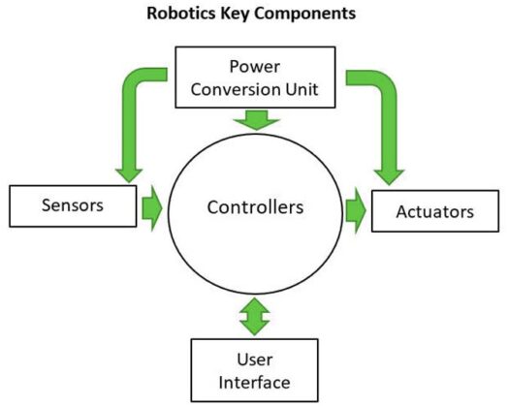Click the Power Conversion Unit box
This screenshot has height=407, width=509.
tap(255, 78)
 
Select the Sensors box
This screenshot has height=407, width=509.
tap(72, 205)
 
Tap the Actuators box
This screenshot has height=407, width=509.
tap(434, 211)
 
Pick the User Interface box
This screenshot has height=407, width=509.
tap(255, 368)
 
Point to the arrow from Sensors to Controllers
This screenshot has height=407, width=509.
tap(151, 206)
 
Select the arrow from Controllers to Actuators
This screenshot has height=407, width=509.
tap(356, 210)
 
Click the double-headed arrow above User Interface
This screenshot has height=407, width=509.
tap(255, 316)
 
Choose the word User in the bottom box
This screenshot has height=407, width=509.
tap(255, 358)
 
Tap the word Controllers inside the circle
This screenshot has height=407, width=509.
tap(255, 206)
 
